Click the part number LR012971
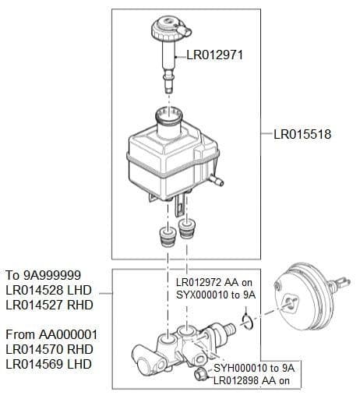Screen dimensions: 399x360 (x=216, y=56)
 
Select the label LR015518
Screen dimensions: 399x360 (x=302, y=134)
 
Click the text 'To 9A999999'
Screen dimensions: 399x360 (x=42, y=275)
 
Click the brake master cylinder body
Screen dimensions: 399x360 (x=188, y=348)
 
